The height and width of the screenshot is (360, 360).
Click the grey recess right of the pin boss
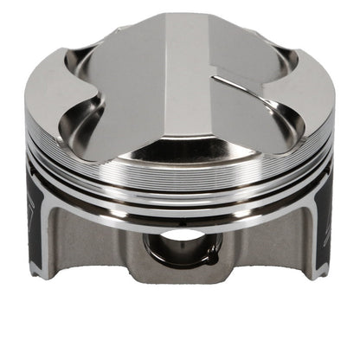point(260,247)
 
